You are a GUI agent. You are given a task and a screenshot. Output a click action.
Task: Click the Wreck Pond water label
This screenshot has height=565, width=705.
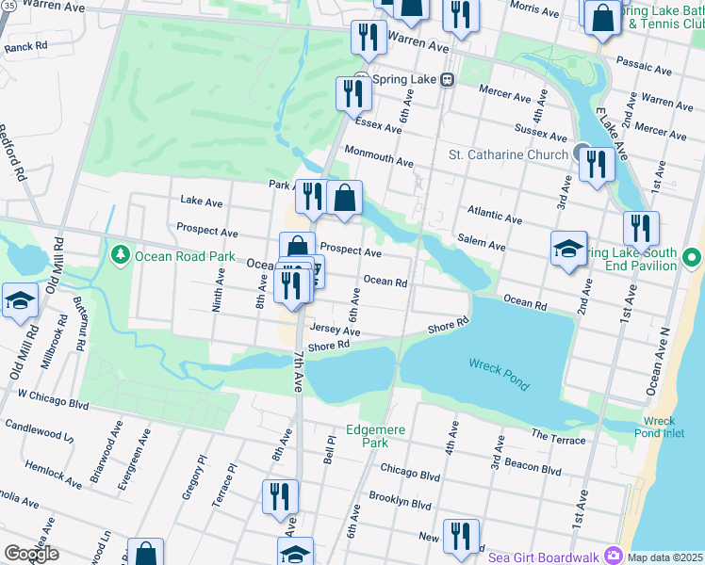tap(500, 374)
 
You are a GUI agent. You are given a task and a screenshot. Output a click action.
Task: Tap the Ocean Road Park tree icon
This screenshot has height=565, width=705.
tap(120, 254)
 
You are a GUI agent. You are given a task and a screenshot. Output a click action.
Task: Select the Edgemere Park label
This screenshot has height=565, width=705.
tap(375, 436)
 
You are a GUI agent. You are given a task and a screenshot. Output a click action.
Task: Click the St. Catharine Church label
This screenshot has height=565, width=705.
tap(507, 154)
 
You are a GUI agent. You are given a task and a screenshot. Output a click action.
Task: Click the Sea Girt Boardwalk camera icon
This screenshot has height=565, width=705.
tap(614, 556)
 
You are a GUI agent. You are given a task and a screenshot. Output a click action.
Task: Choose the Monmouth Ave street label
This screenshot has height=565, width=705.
tap(379, 156)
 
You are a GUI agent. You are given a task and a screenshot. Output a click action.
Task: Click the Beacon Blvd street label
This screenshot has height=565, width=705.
tap(533, 467)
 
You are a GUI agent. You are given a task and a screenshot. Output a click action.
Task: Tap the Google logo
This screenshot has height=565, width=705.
tap(31, 554)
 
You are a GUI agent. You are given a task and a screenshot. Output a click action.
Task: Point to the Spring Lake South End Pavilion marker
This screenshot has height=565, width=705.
tap(693, 257)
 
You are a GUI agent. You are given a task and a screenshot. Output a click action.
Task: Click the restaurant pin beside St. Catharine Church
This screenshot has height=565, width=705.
tap(597, 165)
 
